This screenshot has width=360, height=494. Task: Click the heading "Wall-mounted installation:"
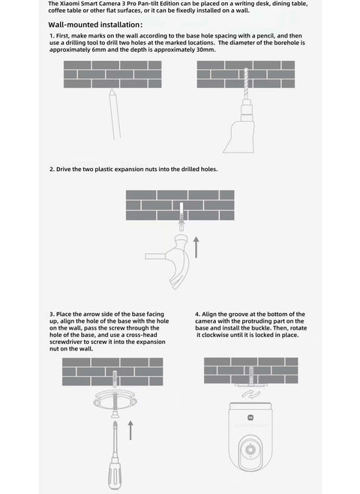click(x=95, y=25)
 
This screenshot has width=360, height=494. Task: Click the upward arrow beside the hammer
click(x=196, y=247)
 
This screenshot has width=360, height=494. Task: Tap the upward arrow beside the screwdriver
click(x=130, y=430)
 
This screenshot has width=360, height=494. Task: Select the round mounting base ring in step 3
click(x=115, y=400)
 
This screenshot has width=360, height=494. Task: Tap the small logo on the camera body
click(x=250, y=417)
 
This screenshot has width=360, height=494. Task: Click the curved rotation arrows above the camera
click(x=251, y=394)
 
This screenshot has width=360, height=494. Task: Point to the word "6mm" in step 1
click(x=99, y=50)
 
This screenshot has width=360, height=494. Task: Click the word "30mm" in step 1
click(x=205, y=50)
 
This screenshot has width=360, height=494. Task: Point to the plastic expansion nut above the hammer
click(x=181, y=217)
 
